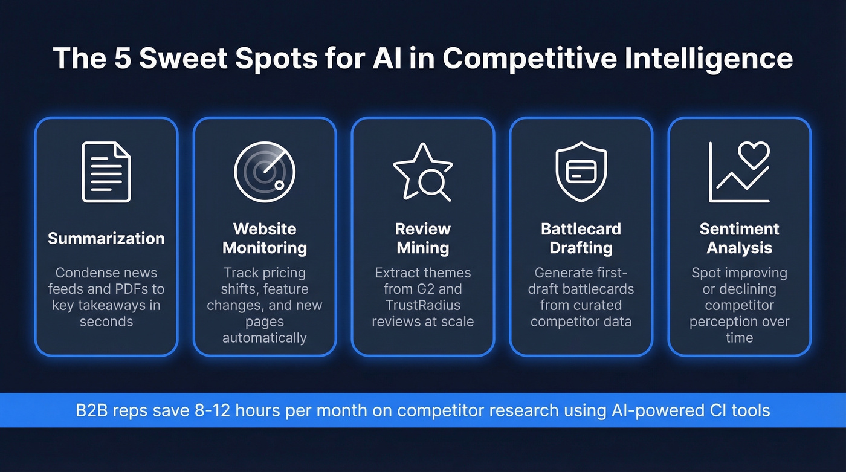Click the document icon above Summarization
tap(106, 172)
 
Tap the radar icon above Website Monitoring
tap(265, 172)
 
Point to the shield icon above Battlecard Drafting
tap(581, 172)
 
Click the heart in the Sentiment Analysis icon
tap(754, 155)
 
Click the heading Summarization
tap(106, 238)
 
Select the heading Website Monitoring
tap(265, 238)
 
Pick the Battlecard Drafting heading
tap(581, 238)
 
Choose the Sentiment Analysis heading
tap(739, 238)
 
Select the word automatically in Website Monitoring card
tap(265, 338)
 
